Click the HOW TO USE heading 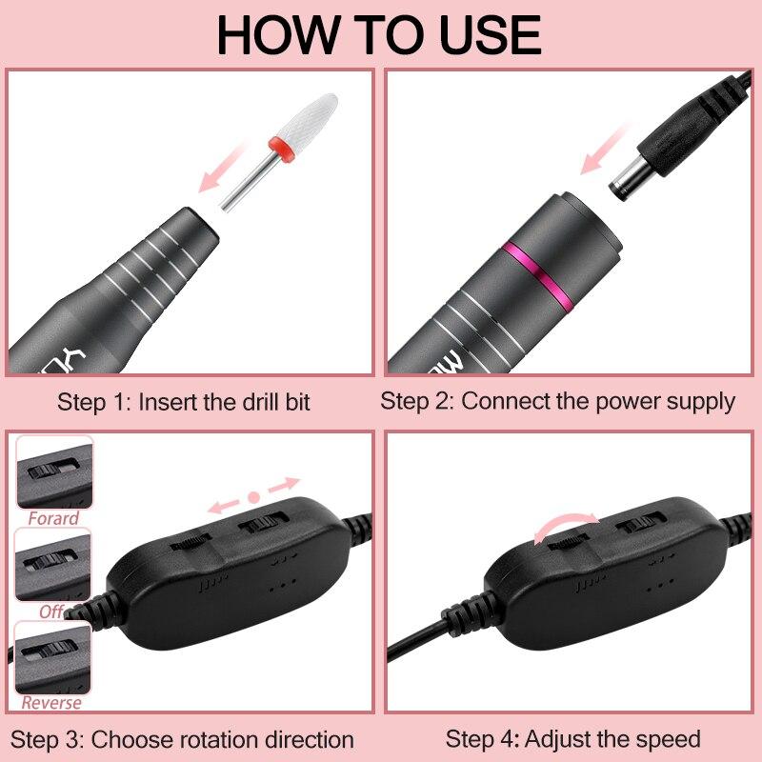(x=379, y=34)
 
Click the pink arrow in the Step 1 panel (x=222, y=173)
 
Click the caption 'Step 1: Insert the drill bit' (x=184, y=401)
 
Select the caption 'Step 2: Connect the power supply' (x=558, y=401)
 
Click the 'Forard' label (x=53, y=519)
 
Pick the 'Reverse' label (x=51, y=703)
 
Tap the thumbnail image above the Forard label (x=54, y=473)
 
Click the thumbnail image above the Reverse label (x=52, y=658)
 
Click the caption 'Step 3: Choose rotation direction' (x=184, y=739)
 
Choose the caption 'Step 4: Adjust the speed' (x=572, y=738)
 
